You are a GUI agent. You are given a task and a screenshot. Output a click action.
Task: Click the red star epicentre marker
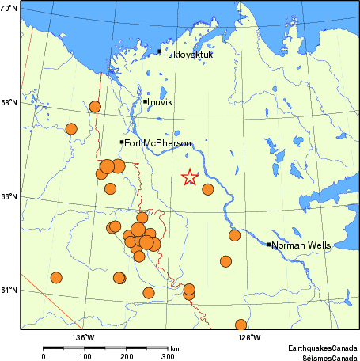pyautogui.click(x=189, y=177)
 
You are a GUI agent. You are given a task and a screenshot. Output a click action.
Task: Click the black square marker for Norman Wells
pyautogui.click(x=269, y=245)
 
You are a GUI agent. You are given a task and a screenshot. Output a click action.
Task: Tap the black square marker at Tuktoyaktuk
pyautogui.click(x=159, y=51)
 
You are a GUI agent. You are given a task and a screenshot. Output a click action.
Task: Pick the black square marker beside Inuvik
pyautogui.click(x=146, y=101)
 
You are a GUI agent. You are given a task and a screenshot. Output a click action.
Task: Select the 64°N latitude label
pyautogui.click(x=9, y=291)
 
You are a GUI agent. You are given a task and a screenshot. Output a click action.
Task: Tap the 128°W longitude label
pyautogui.click(x=250, y=336)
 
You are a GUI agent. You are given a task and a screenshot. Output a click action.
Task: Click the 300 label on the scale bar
pyautogui.click(x=168, y=357)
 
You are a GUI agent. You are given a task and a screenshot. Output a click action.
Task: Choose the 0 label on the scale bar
pyautogui.click(x=44, y=357)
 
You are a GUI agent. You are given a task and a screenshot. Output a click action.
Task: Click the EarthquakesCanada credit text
pyautogui.click(x=320, y=348)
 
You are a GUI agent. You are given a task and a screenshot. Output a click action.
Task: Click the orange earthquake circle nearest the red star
pyautogui.click(x=208, y=189)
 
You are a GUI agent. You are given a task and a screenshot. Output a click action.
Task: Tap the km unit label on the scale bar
pyautogui.click(x=174, y=348)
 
